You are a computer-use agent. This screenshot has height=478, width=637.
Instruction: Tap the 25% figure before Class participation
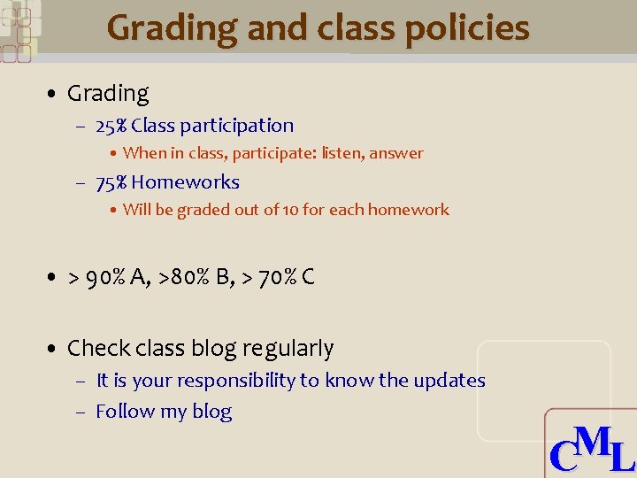[x=111, y=126]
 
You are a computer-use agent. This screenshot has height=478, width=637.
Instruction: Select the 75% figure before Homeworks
[x=111, y=182]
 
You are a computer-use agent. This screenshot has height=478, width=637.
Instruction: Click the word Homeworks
[x=186, y=182]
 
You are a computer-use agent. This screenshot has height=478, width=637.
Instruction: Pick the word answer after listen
[x=396, y=153]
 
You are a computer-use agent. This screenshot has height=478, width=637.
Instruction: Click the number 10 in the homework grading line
[x=290, y=210]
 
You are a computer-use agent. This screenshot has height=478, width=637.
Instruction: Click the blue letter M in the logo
[x=592, y=441]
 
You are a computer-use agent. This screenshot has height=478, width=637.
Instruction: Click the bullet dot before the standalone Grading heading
[x=54, y=94]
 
